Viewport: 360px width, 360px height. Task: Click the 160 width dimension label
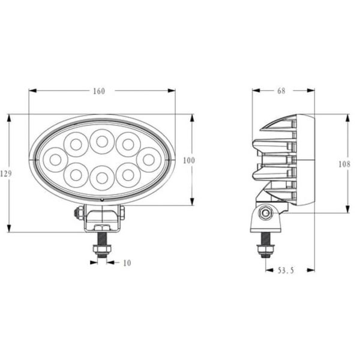click(99, 91)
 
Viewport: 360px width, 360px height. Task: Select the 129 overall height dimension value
click(6, 173)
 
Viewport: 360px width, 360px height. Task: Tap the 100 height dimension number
click(190, 160)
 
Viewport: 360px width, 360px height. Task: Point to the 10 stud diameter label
click(127, 262)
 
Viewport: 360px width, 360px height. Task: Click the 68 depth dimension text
click(281, 91)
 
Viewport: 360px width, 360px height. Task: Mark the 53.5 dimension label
click(286, 271)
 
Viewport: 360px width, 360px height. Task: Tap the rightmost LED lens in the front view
click(148, 159)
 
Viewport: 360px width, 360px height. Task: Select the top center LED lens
click(102, 142)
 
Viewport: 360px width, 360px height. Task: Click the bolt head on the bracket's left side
click(79, 212)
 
